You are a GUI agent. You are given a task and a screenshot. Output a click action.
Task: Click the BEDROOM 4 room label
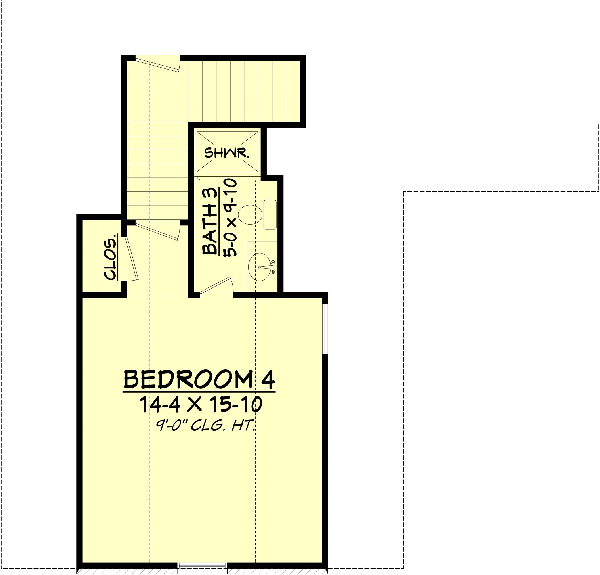point(199,380)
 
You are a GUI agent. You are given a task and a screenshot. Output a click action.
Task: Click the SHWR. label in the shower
point(227,153)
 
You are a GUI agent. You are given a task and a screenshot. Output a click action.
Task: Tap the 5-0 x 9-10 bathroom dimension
point(231,217)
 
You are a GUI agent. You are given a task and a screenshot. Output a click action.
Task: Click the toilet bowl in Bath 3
point(250,215)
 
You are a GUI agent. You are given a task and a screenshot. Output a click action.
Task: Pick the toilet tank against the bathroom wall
point(270,215)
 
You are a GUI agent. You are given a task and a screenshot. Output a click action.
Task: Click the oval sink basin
point(260,267)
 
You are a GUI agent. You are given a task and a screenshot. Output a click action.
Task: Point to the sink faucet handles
point(273,267)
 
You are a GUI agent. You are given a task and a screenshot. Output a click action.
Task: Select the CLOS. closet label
point(111,257)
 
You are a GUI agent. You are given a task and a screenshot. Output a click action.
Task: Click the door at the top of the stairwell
point(158,64)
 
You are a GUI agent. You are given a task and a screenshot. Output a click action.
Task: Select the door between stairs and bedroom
point(157,231)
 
